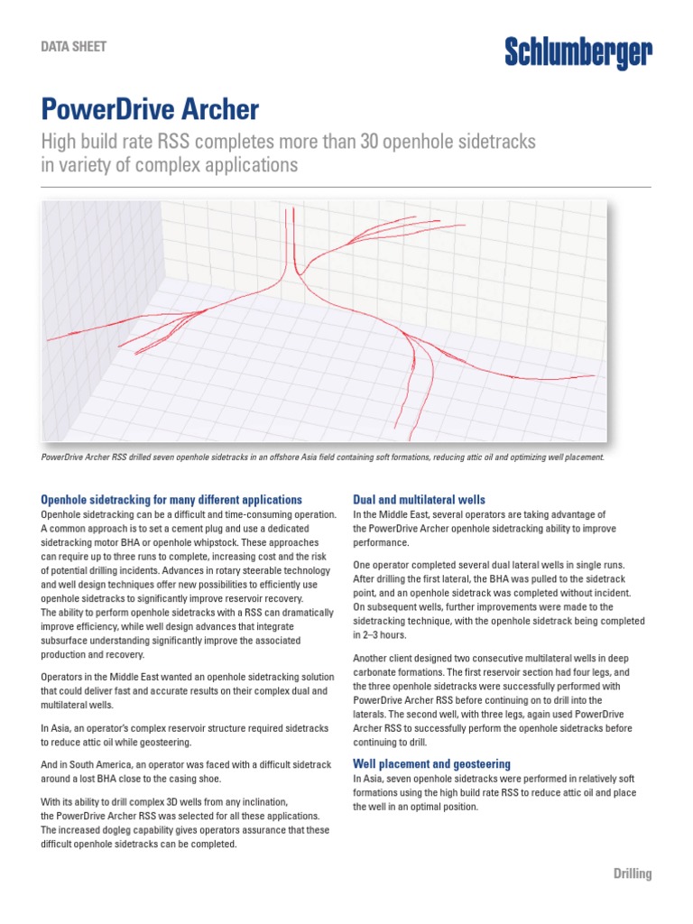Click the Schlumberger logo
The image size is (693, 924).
coord(577,53)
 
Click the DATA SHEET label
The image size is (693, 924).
coord(74,46)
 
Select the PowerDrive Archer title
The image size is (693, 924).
coord(151,110)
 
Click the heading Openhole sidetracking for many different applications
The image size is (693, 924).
coord(171,499)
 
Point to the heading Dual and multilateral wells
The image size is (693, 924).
coord(419,499)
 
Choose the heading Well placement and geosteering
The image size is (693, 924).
coord(431,763)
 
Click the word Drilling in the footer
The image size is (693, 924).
coord(632,873)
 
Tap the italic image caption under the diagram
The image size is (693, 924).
coord(322,457)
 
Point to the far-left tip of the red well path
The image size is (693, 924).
coord(50,340)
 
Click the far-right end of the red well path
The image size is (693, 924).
coord(593,374)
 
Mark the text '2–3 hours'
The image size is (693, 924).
coord(377,635)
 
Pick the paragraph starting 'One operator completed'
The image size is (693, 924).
coord(499,600)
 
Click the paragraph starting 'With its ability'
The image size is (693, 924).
coord(185,823)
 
